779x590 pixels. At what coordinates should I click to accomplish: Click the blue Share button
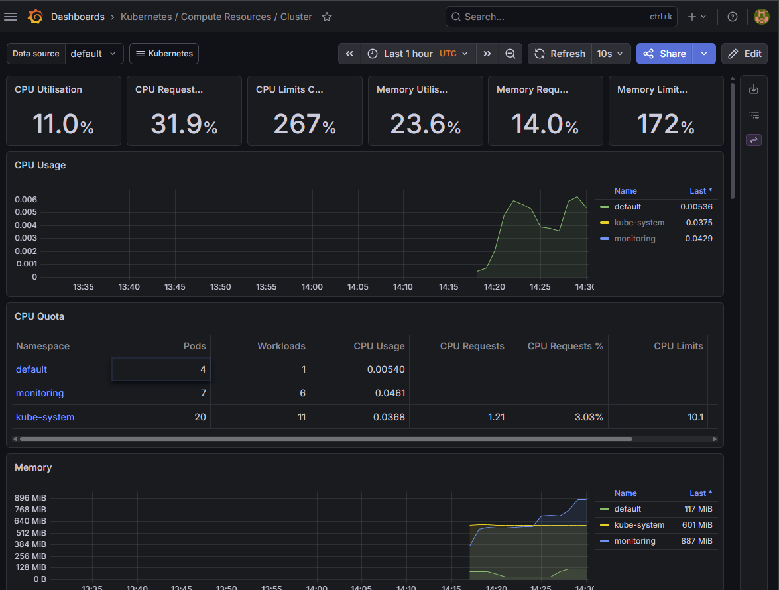[x=664, y=54]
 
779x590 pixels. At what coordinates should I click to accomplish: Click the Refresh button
[x=560, y=54]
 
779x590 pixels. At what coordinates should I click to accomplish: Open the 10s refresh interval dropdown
[x=610, y=54]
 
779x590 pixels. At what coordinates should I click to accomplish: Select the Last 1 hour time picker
[x=418, y=54]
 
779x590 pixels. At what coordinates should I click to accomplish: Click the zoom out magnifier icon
[x=510, y=54]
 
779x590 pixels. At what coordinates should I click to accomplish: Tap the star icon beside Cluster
[x=326, y=17]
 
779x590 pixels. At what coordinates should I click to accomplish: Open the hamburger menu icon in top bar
[x=11, y=17]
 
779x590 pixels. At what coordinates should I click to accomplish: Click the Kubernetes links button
[x=164, y=54]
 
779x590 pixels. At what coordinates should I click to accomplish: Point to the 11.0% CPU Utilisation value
[x=63, y=124]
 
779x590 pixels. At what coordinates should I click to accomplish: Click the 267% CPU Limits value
[x=304, y=124]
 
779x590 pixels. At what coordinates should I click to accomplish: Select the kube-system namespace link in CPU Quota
[x=44, y=417]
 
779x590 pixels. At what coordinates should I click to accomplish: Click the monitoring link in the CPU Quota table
[x=40, y=393]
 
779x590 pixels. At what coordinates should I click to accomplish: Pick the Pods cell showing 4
[x=161, y=369]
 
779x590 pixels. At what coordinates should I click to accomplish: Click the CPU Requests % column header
[x=566, y=346]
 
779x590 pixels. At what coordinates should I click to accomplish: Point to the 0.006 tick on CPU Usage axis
[x=26, y=200]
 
